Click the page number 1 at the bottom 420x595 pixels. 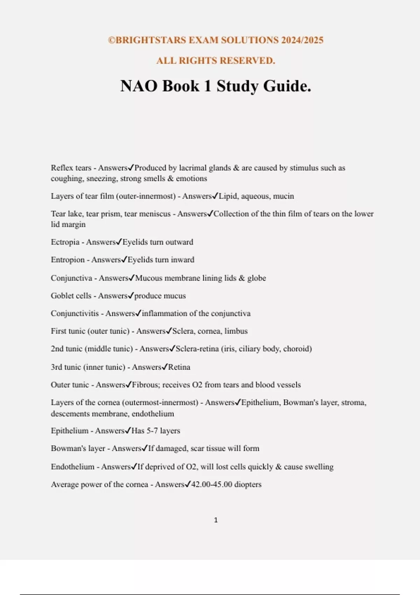point(216,520)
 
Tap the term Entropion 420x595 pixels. point(68,260)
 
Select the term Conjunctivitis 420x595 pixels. point(75,313)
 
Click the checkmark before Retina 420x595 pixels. point(164,367)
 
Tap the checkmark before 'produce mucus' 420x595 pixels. point(131,295)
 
